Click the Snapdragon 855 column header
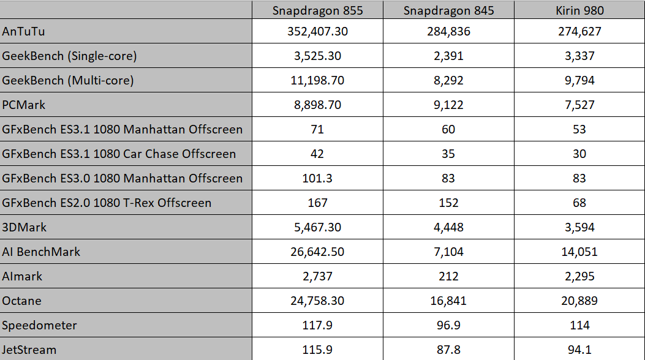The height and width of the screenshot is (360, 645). coord(317,10)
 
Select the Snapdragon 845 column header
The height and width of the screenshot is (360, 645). coord(448,10)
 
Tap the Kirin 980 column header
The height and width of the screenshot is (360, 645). coord(579,10)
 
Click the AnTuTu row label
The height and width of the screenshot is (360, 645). coord(24,31)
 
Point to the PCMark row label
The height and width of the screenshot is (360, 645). coord(24,105)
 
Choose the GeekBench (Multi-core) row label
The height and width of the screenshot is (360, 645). coord(68,80)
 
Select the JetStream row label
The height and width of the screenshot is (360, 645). coord(29,350)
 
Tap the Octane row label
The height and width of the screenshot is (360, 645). coord(22,301)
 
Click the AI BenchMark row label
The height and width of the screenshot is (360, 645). coord(42,252)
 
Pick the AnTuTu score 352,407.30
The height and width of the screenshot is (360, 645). coord(317,31)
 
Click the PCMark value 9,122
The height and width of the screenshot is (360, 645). coord(448,105)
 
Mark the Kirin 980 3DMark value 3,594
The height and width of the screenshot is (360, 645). coord(579,227)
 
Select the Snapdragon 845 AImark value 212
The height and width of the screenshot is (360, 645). coord(448,276)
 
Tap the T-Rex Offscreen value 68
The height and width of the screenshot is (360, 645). coord(579,203)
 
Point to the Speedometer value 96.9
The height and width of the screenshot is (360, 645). coord(448,325)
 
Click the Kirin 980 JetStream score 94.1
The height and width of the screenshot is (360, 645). coord(579,350)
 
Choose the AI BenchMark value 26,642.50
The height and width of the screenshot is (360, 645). coord(317,252)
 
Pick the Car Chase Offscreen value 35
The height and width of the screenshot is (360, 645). coord(448,154)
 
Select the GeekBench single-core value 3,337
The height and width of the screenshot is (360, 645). coord(579,56)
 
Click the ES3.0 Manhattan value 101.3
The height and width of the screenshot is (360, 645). coord(317,178)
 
